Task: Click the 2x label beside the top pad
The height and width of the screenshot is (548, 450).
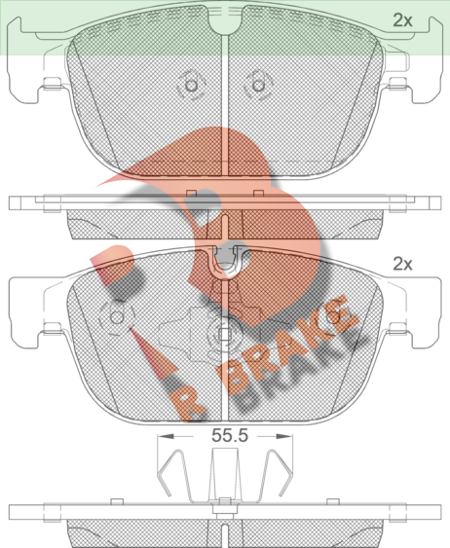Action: point(402,20)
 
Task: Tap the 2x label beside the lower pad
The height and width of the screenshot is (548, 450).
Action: point(402,264)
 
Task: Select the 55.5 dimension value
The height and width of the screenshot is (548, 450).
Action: point(230,435)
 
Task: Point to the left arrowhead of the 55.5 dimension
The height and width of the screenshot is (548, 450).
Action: point(166,436)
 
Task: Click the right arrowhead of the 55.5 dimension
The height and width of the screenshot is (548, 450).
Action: point(284,436)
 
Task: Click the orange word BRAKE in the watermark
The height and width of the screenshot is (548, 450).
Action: point(286,346)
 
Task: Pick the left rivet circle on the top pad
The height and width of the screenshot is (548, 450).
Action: point(191,86)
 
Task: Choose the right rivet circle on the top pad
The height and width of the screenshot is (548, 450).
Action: point(258,86)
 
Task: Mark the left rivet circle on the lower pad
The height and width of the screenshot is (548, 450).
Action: point(117,317)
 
